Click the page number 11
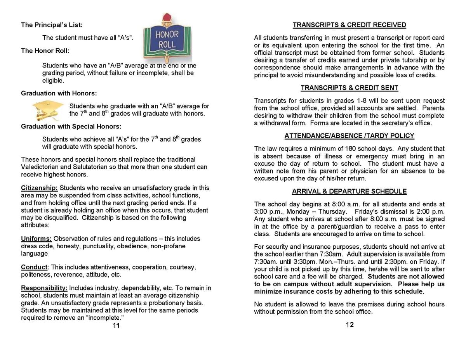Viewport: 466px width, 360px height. (116, 325)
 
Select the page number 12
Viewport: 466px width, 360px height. (349, 325)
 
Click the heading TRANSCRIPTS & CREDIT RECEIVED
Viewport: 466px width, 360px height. (349, 25)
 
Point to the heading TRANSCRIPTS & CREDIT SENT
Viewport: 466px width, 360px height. (349, 88)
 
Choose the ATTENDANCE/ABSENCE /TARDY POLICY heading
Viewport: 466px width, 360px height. (349, 136)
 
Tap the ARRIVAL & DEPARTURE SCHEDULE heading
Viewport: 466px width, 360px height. (349, 191)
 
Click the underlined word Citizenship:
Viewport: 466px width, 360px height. (39, 188)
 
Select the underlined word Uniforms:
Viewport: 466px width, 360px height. (36, 239)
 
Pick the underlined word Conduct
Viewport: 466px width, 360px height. (34, 268)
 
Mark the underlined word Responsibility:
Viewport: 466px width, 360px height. (44, 288)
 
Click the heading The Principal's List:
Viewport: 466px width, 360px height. (52, 25)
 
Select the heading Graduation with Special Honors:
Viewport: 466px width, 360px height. (71, 126)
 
